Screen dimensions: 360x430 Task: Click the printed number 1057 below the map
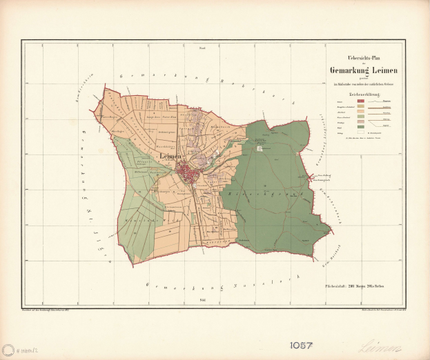click(302, 343)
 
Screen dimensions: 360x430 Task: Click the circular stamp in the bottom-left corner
click(9, 350)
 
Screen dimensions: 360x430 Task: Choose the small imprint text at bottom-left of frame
click(55, 312)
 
